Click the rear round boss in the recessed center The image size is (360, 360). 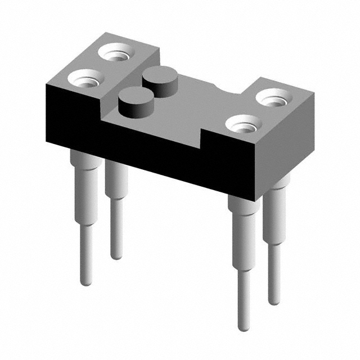coord(159,78)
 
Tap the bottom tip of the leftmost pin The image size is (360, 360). coord(85,282)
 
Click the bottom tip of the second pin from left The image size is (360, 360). coord(116,255)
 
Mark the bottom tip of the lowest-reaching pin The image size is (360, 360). coord(243,327)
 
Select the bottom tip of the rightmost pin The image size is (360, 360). coord(274,301)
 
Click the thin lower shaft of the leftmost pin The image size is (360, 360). coord(85,253)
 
